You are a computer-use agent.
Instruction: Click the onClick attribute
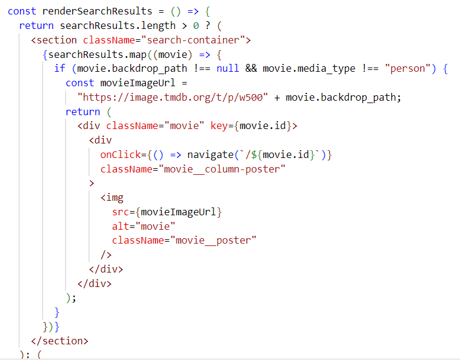pos(121,154)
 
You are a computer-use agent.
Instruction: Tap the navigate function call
pos(210,154)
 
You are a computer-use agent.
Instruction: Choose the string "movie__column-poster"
pos(224,169)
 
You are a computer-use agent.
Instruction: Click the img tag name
pos(115,198)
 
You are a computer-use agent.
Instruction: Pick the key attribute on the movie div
pos(219,125)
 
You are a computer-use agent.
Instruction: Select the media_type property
pos(326,68)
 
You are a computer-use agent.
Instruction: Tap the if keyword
pos(59,68)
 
